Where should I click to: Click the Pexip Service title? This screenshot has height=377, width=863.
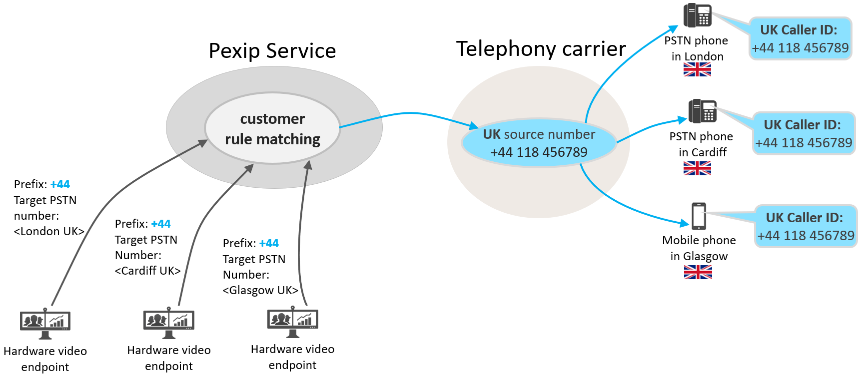click(x=272, y=51)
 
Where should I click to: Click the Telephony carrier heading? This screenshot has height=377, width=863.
click(x=541, y=49)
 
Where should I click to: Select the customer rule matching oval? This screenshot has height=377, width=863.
click(x=272, y=129)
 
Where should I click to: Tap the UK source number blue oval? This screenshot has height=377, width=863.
click(x=539, y=143)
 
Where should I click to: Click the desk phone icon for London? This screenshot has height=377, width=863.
click(x=698, y=15)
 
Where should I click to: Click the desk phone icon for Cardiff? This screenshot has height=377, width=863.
click(x=703, y=111)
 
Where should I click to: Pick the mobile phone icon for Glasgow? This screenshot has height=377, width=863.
click(x=699, y=216)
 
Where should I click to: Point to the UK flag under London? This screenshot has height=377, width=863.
click(x=697, y=70)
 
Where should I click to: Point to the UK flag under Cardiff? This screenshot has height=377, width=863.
click(x=697, y=169)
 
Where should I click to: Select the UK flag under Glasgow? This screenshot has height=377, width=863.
click(x=698, y=272)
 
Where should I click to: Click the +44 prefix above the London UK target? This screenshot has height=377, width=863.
click(x=60, y=185)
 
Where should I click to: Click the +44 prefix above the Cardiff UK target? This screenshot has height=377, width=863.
click(x=161, y=224)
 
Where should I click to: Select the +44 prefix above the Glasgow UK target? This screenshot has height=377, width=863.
click(x=269, y=244)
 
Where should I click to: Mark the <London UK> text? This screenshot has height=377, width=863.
click(x=49, y=232)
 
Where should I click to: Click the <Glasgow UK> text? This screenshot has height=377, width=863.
click(x=260, y=291)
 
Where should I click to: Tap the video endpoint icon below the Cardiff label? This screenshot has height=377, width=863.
click(x=169, y=323)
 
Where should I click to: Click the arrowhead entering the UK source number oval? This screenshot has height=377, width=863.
click(x=474, y=125)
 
